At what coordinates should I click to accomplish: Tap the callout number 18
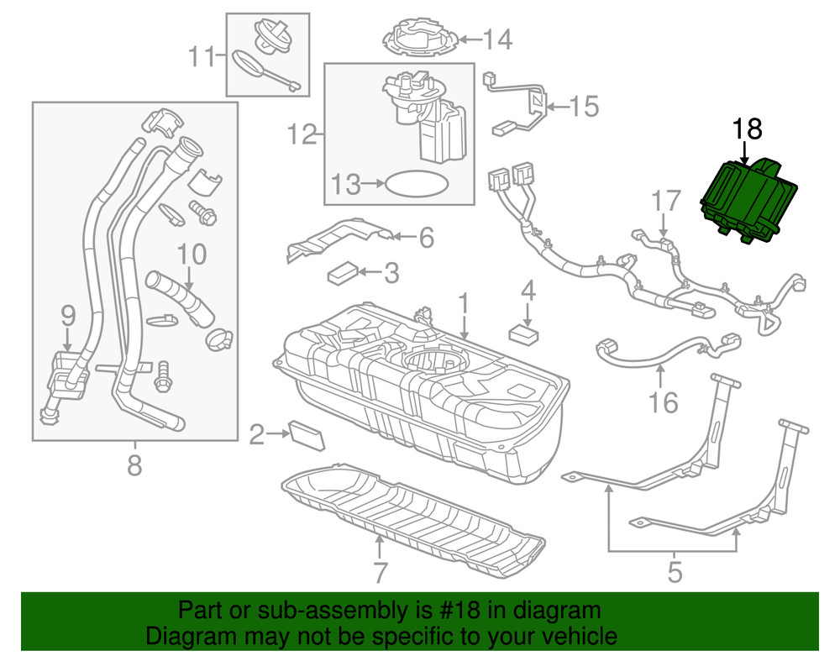tap(747, 129)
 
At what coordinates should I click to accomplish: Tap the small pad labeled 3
tap(343, 272)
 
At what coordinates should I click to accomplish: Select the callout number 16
tap(664, 403)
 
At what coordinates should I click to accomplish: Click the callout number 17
tap(665, 202)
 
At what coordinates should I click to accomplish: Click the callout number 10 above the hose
tap(191, 253)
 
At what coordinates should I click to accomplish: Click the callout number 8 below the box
tap(134, 464)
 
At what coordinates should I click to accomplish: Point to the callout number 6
tap(426, 238)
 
